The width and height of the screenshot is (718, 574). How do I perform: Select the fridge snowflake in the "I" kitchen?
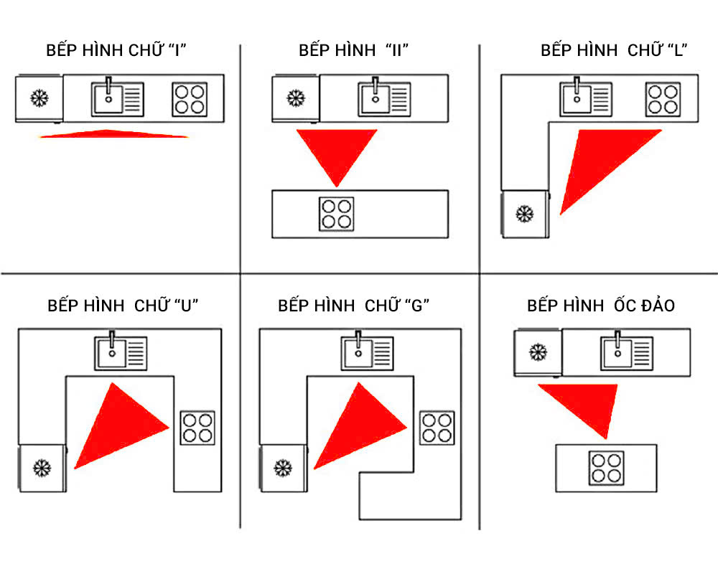(x=39, y=98)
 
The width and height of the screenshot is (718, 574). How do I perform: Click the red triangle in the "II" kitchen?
(x=336, y=151)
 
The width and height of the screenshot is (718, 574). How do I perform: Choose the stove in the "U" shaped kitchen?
(x=197, y=428)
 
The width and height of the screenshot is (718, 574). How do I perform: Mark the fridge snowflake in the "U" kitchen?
(x=42, y=469)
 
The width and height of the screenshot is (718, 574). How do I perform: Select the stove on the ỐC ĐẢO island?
(x=606, y=468)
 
